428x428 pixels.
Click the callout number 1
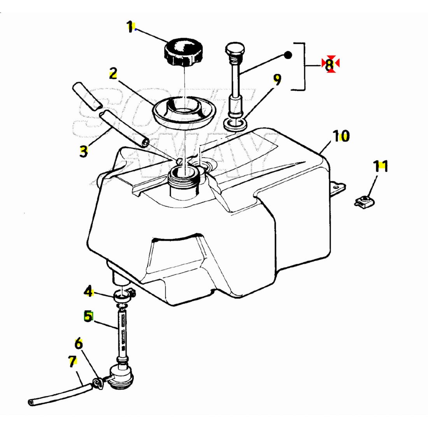(130, 27)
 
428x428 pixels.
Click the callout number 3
(84, 151)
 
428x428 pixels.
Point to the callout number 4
(89, 291)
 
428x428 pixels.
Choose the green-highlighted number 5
(89, 316)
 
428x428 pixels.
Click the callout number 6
(79, 344)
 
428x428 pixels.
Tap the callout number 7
(72, 361)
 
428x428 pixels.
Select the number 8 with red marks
(330, 64)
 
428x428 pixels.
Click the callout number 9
(277, 80)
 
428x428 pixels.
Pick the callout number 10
(341, 136)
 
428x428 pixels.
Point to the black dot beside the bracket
(288, 55)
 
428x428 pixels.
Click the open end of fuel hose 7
(31, 402)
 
